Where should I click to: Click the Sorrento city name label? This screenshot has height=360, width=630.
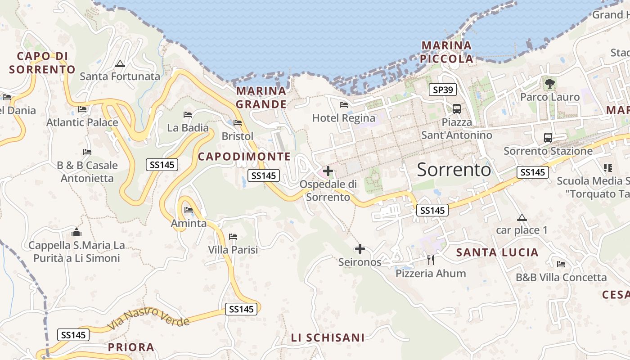pyautogui.click(x=454, y=170)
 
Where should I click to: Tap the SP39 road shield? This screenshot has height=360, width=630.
pyautogui.click(x=442, y=90)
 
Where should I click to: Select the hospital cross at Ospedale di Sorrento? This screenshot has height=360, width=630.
pyautogui.click(x=328, y=171)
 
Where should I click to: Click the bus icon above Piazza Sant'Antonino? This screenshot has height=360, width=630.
pyautogui.click(x=456, y=108)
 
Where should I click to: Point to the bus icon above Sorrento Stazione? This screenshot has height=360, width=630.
pyautogui.click(x=548, y=138)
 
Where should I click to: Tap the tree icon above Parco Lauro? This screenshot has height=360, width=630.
pyautogui.click(x=549, y=83)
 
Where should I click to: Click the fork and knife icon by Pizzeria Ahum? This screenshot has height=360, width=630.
pyautogui.click(x=431, y=260)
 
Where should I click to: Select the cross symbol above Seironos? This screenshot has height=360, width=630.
pyautogui.click(x=360, y=249)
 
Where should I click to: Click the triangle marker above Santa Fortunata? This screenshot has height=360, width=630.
pyautogui.click(x=120, y=64)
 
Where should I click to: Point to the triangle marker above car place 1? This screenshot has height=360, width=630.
pyautogui.click(x=522, y=218)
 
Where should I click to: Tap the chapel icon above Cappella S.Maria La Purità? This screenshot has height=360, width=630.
pyautogui.click(x=76, y=232)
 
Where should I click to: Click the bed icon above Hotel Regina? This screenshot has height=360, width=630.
pyautogui.click(x=344, y=105)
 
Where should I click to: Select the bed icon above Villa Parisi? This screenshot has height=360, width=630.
pyautogui.click(x=233, y=236)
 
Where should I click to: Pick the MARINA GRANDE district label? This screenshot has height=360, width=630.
pyautogui.click(x=261, y=98)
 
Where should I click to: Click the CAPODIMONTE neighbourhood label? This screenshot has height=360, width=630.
pyautogui.click(x=244, y=157)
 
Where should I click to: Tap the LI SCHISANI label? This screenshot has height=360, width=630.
pyautogui.click(x=327, y=337)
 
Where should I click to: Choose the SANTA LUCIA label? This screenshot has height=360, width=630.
pyautogui.click(x=497, y=252)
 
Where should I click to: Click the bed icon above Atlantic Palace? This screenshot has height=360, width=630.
pyautogui.click(x=82, y=109)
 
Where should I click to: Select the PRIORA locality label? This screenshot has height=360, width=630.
pyautogui.click(x=131, y=347)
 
